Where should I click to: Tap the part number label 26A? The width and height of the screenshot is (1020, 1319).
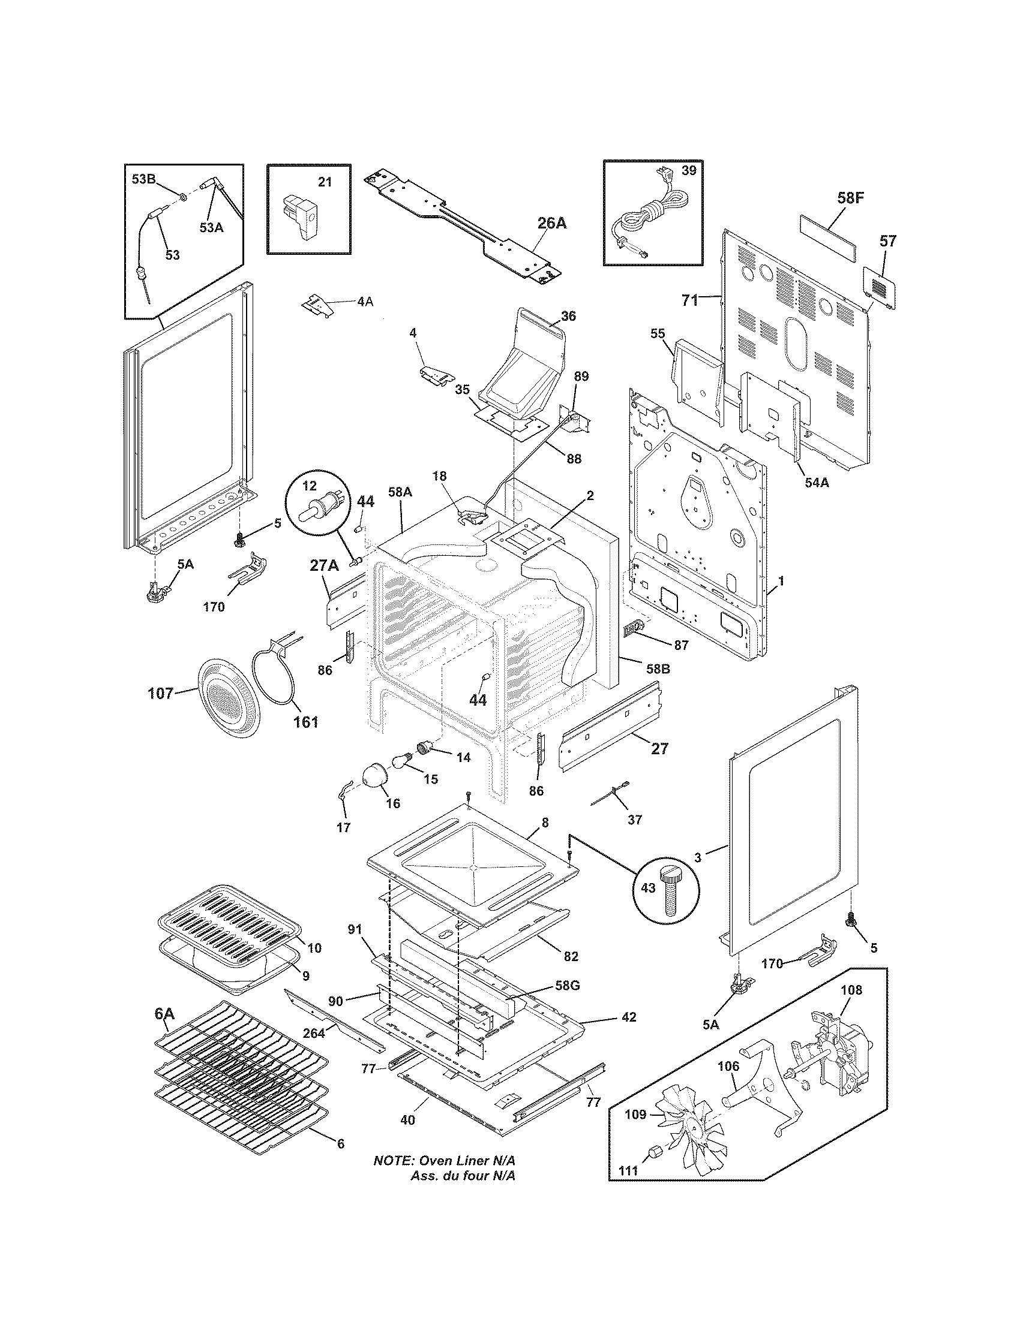click(552, 223)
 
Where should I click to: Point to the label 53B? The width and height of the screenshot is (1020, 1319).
click(143, 179)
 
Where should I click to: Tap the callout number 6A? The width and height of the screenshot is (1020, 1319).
click(163, 1015)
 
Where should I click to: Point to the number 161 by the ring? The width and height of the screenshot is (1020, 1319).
click(306, 722)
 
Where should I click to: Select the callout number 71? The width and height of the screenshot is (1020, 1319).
click(689, 301)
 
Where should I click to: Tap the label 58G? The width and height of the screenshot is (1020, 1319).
click(566, 986)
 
